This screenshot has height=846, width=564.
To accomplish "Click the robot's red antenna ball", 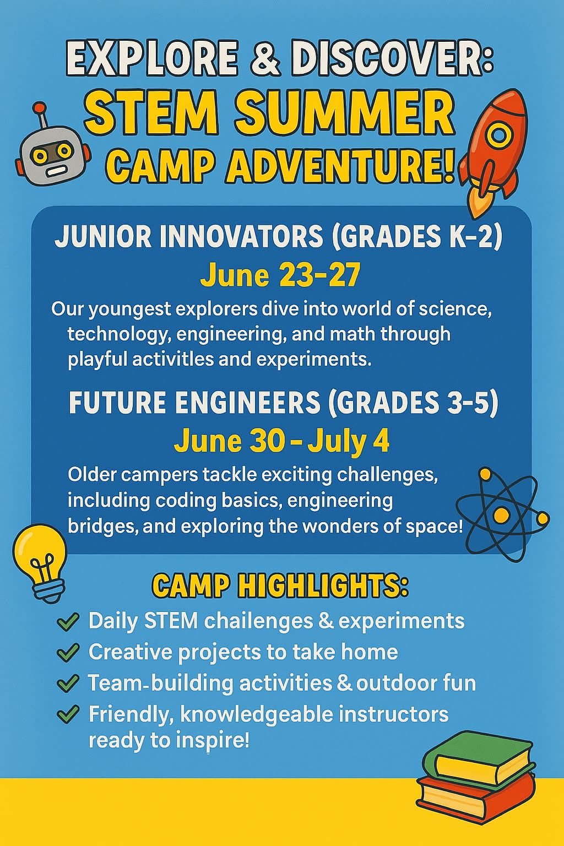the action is (39, 107).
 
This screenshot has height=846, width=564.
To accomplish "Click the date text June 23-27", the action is (280, 275).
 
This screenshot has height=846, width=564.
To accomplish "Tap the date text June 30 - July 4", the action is (281, 441).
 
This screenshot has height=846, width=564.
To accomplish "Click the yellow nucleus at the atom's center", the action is (501, 514).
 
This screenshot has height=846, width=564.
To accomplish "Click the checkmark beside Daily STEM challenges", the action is (68, 621).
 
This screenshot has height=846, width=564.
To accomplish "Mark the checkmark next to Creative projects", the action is (68, 652).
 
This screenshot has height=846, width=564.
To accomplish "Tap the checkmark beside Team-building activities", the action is (68, 684).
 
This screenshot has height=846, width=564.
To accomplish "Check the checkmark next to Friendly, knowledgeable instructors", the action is (68, 714).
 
